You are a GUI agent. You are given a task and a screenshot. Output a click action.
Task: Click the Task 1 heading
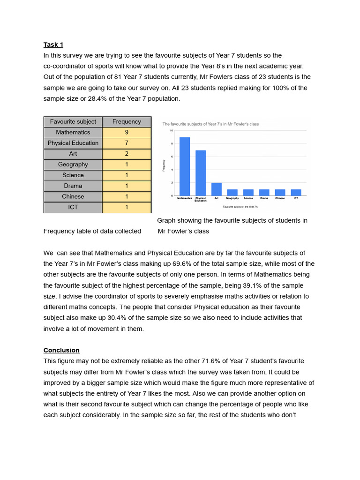[x=53, y=45]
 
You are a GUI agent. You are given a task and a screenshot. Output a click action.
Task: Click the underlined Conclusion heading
[x=61, y=350]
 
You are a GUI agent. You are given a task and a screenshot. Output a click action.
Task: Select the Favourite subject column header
[x=73, y=121]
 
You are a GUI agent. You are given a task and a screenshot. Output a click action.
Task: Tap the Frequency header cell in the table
[x=127, y=121]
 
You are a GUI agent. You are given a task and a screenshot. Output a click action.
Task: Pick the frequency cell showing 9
[x=127, y=132]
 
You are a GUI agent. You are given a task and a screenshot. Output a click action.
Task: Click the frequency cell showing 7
[x=127, y=143]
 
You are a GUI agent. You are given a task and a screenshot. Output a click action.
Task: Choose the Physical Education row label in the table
[x=73, y=143]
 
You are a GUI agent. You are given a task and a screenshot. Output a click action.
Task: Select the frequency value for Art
[x=127, y=154]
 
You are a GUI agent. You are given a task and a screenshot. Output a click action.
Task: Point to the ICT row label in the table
[x=73, y=207]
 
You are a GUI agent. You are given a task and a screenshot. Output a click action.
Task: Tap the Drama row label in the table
[x=73, y=186]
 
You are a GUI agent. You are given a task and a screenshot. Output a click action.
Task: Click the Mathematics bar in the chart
[x=185, y=166]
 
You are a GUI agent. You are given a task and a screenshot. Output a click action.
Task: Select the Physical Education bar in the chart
[x=201, y=173]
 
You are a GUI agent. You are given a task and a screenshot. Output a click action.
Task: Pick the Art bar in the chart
[x=217, y=189]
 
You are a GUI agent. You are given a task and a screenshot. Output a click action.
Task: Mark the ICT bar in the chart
[x=296, y=192]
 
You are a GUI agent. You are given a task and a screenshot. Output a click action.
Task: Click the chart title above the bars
[x=210, y=124]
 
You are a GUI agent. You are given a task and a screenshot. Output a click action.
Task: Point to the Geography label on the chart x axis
[x=232, y=198]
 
